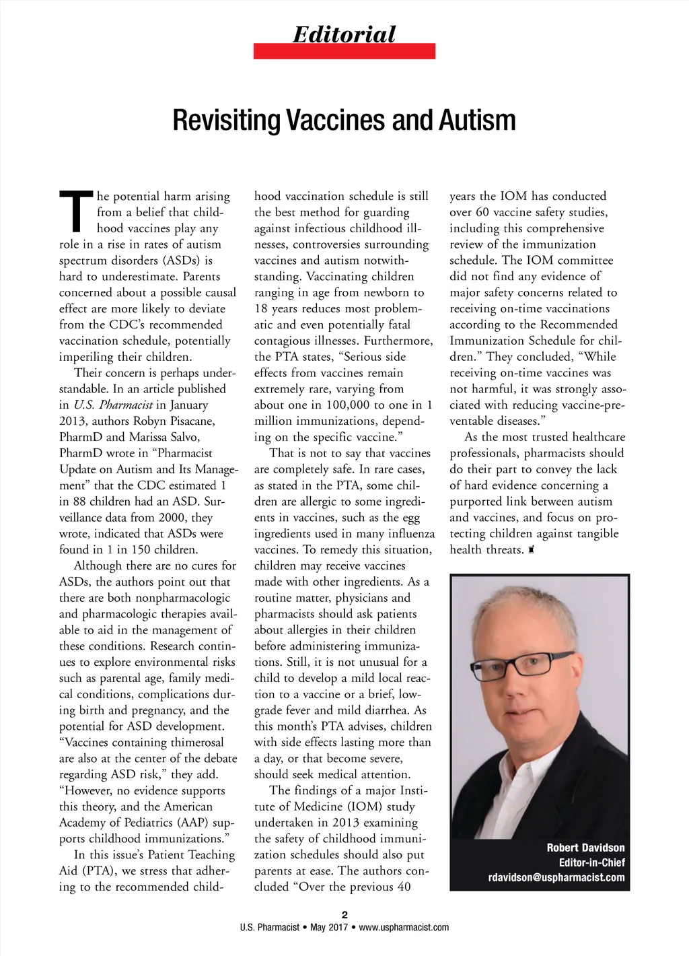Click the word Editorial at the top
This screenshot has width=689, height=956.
(344, 34)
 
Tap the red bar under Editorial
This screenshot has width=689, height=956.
(344, 51)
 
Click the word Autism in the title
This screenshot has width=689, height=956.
(477, 121)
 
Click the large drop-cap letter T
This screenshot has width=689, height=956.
(76, 211)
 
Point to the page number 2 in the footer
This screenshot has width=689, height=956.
(344, 914)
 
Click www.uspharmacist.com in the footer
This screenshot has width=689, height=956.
(404, 927)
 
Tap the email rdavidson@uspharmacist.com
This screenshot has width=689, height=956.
(556, 877)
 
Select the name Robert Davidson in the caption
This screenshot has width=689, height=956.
(585, 848)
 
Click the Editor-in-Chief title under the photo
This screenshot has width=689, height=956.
(591, 862)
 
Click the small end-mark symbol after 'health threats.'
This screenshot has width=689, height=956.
(531, 550)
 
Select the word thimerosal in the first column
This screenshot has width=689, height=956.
(188, 743)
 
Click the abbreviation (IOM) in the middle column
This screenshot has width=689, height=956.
(365, 807)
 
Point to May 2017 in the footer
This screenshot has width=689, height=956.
(329, 927)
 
